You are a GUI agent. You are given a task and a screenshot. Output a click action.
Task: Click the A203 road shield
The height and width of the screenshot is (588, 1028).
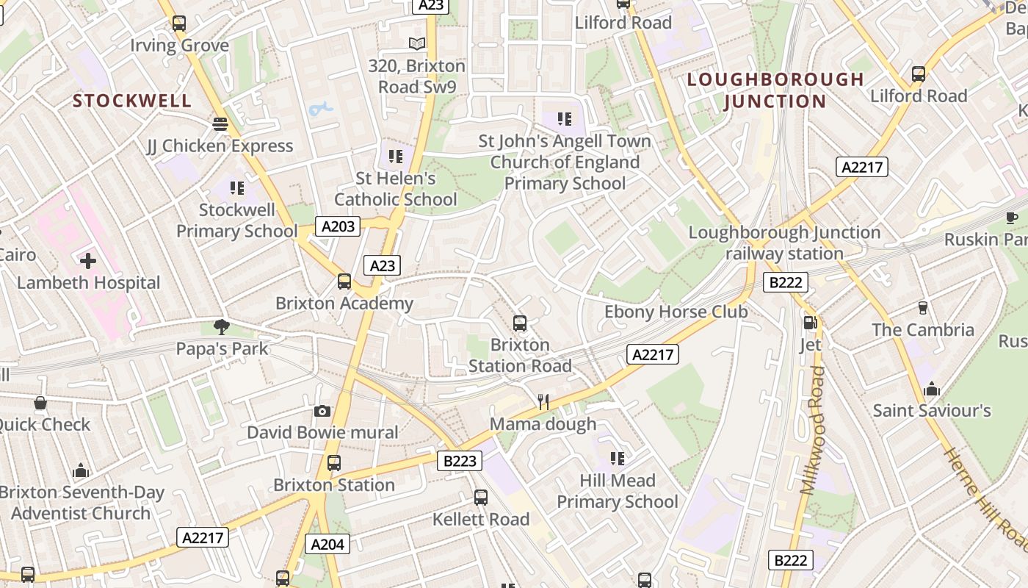pos(338,226)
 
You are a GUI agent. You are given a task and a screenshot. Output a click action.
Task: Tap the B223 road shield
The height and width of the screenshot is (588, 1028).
pos(460,461)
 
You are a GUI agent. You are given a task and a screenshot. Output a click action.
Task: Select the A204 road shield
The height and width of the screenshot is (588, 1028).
pos(327,544)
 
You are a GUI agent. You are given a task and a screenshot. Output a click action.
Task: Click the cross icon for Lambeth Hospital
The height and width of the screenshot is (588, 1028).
pos(88,261)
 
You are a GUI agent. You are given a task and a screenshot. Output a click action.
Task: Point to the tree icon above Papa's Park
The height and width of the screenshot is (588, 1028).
pos(221,326)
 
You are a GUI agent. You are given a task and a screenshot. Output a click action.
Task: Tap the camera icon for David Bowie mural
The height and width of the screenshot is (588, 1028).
pos(322,411)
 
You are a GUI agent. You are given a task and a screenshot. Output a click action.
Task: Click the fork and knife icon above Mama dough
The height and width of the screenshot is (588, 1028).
pos(543,401)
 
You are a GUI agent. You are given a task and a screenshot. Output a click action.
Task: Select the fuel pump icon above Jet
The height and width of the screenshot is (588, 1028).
pos(810,322)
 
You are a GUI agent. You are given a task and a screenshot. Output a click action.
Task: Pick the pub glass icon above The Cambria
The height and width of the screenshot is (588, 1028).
pos(923,308)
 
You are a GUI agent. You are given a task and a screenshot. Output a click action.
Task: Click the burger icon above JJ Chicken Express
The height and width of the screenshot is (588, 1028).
pos(220,124)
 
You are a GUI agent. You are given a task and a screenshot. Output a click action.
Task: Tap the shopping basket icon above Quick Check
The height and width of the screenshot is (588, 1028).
pos(40,403)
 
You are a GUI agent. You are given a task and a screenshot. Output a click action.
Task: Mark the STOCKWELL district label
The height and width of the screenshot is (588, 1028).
pos(132,101)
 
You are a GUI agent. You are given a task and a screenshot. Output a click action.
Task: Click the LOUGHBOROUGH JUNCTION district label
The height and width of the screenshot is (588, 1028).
pos(775,90)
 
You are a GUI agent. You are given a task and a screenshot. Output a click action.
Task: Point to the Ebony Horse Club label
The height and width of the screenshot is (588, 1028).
pos(676,312)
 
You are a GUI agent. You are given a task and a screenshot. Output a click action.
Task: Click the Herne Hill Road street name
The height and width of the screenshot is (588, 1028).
pos(984,500)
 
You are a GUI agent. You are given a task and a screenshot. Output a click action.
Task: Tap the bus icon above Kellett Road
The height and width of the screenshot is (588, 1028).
pos(480,498)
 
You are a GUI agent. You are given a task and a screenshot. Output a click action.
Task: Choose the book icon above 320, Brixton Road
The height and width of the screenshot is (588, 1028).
pos(417,44)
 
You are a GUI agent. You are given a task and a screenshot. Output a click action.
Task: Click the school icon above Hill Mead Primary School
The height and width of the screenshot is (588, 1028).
pos(618,459)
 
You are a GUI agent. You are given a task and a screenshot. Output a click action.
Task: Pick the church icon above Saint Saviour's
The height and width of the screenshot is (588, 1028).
pos(931,389)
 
